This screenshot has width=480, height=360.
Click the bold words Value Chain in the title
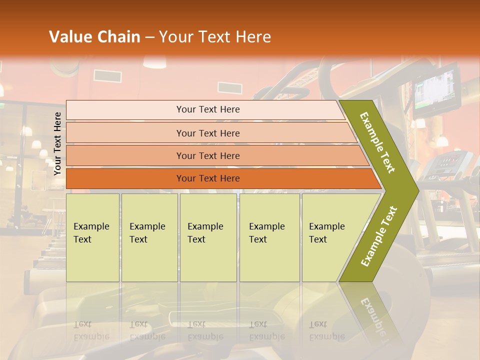pos(94,37)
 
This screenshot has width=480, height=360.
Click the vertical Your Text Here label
pos(58,143)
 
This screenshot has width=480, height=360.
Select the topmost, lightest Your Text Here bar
pos(208,109)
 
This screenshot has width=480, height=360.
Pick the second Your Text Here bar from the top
pos(208,133)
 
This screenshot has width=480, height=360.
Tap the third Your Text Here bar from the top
pos(208,155)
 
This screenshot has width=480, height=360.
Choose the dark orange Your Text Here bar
pos(208,178)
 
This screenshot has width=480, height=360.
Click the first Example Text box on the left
pos(92,237)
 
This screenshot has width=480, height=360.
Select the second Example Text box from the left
pos(149,237)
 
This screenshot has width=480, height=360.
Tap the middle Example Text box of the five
pos(208,237)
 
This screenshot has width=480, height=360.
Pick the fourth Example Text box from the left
pos(269,237)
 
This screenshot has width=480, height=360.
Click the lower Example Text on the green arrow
pos(379,236)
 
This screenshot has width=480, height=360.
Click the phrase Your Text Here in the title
pos(215,37)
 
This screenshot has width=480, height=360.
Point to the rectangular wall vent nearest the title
pos(107,76)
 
